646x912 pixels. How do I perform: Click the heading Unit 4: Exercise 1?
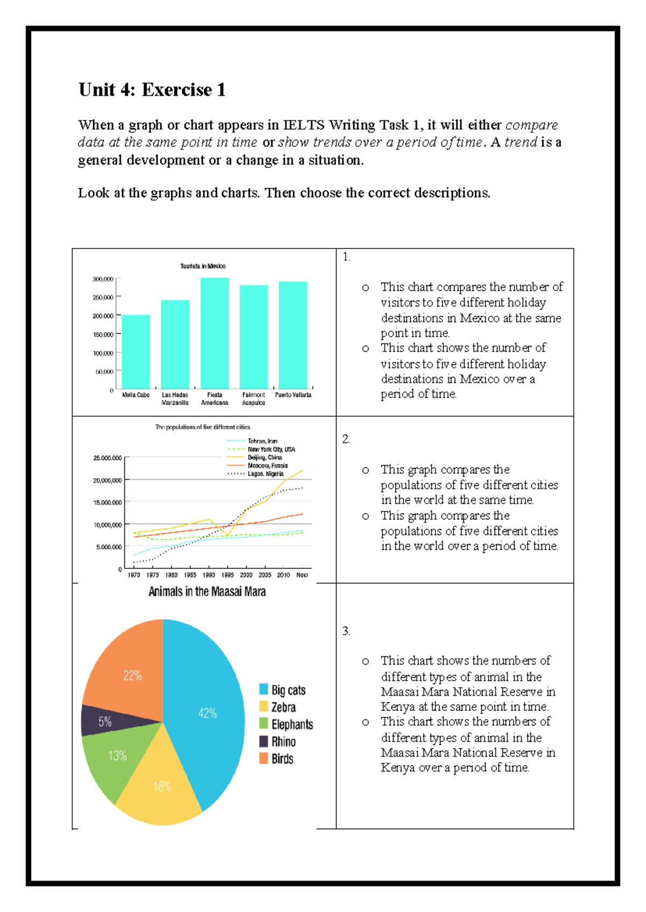click(x=152, y=90)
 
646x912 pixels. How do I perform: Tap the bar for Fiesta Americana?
click(x=215, y=333)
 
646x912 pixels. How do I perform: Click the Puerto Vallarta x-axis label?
click(x=293, y=395)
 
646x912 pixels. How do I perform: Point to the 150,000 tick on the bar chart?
click(x=103, y=334)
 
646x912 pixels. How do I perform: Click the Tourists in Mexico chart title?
click(x=202, y=266)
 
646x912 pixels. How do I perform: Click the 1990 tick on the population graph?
click(x=209, y=575)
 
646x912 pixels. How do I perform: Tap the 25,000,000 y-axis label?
click(x=107, y=458)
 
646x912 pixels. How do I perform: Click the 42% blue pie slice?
click(x=207, y=713)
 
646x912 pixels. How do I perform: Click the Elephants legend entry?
click(x=291, y=724)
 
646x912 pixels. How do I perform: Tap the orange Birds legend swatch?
click(x=263, y=758)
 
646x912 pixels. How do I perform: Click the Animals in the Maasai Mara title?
click(x=207, y=592)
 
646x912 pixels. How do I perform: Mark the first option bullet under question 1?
click(x=366, y=288)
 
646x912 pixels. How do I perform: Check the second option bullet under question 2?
click(x=366, y=516)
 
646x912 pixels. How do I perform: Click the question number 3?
click(x=346, y=631)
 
